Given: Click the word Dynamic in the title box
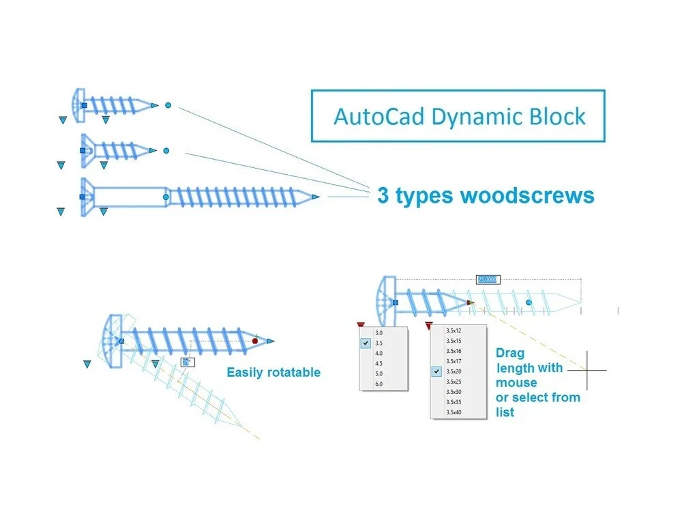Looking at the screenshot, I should coord(477,116).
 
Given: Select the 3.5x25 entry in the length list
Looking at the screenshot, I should coord(454,382).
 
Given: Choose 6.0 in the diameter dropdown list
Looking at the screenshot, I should coord(379,384).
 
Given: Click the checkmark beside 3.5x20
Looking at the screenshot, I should coord(436,371).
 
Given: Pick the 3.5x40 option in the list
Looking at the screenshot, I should coord(454,412).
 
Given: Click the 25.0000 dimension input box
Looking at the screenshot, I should coord(488,279).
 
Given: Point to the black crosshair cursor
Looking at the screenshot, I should coord(587,370).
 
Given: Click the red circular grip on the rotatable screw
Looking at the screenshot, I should coord(255,341).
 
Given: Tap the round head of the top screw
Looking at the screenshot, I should coord(77,105).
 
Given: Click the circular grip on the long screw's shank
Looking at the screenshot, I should coord(166,197).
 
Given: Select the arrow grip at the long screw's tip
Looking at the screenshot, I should coord(315,197).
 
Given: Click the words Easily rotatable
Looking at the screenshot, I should coord(273,373).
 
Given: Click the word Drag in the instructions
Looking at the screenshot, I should coord(509,354).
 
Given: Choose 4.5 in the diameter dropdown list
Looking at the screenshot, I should coord(379,364).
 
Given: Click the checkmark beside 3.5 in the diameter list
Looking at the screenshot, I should coord(367,343).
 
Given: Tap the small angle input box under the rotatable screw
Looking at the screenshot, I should coord(188,362).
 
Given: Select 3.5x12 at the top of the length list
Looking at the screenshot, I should coord(454,330).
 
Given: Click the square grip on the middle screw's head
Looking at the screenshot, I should coord(83,150).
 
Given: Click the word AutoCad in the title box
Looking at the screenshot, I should coord(378,116).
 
